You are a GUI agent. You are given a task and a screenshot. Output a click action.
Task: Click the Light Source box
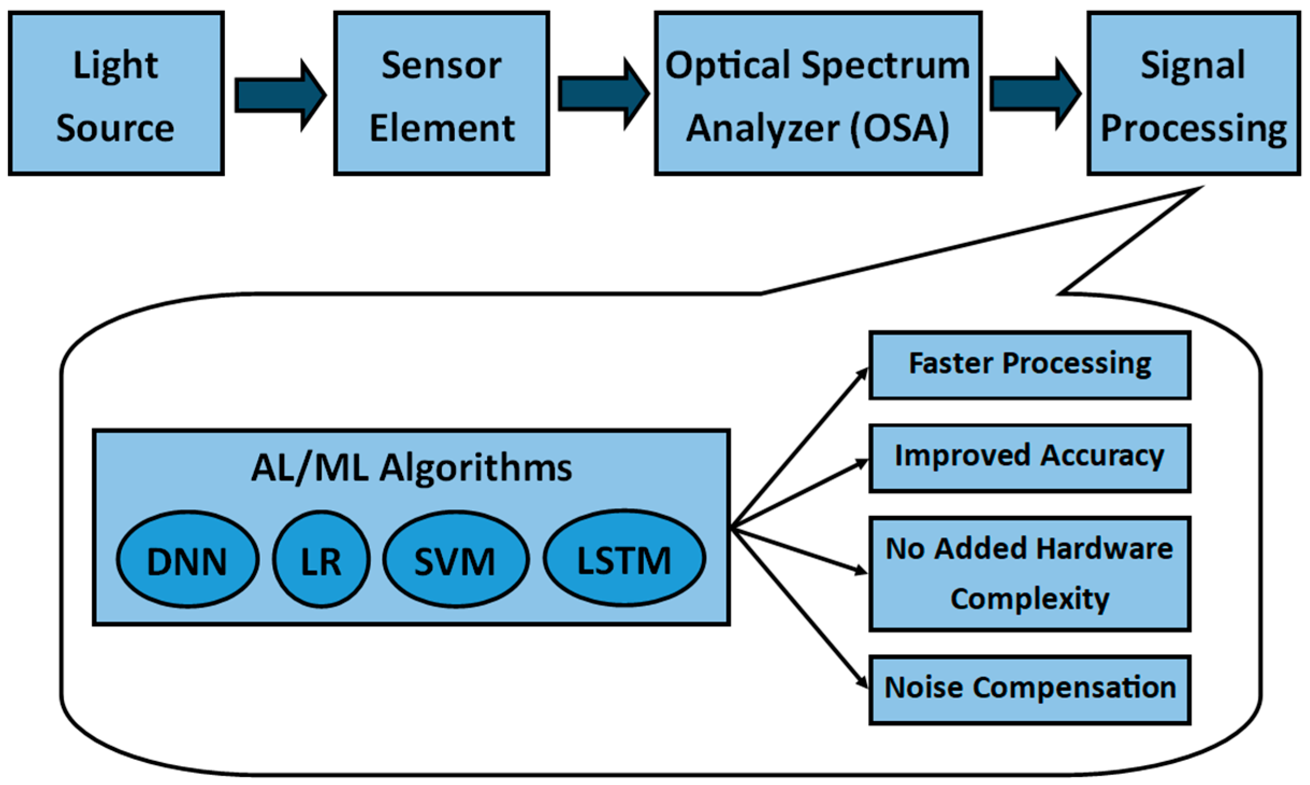click(116, 94)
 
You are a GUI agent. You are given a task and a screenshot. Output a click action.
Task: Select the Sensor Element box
click(441, 94)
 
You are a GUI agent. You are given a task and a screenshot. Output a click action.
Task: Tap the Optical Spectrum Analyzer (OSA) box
click(818, 94)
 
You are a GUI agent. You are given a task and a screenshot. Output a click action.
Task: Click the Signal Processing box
click(1193, 94)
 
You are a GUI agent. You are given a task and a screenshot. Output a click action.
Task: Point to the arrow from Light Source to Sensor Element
click(280, 95)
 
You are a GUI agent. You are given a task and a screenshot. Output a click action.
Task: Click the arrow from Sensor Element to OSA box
click(603, 94)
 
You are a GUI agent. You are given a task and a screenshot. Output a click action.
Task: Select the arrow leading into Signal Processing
click(1035, 93)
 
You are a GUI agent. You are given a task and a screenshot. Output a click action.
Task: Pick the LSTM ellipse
click(624, 558)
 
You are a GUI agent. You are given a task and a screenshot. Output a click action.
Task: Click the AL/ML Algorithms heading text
click(411, 468)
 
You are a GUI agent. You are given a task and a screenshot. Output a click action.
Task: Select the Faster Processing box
click(1029, 365)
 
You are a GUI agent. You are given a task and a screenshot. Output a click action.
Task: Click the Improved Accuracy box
click(1029, 458)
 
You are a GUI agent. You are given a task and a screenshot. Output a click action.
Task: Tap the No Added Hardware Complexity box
click(1029, 573)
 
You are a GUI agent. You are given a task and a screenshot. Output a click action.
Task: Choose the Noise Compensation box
click(1029, 689)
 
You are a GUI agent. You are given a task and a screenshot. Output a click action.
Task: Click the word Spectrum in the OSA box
click(885, 66)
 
